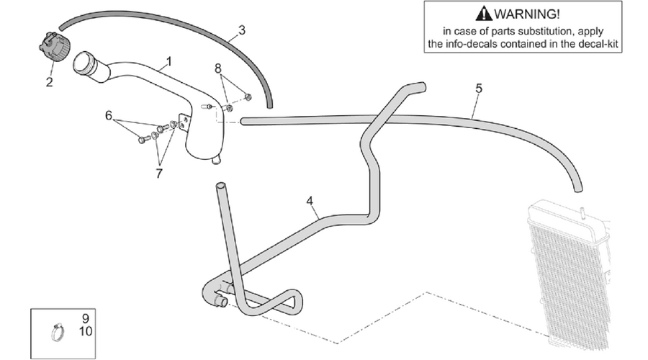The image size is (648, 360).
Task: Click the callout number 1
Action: coord(168,62)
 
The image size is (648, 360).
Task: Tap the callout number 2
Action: coord(49,82)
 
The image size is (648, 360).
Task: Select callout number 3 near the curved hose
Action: coord(242,30)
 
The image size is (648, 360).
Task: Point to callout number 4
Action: coord(310,202)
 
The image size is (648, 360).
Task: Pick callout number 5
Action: coord(479,88)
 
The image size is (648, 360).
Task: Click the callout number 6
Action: coord(109,115)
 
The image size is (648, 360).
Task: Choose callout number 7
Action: coord(159,174)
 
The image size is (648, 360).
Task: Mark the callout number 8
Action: coord(217,68)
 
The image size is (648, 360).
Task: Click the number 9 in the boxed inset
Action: coord(86,318)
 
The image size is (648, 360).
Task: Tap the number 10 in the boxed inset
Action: coord(86,331)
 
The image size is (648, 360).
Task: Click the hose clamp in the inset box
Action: coord(58,332)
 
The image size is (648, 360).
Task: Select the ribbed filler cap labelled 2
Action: coord(55,47)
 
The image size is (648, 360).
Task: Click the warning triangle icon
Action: coord(484,14)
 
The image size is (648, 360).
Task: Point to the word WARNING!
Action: coord(527,14)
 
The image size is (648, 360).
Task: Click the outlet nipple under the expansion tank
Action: coord(215,161)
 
